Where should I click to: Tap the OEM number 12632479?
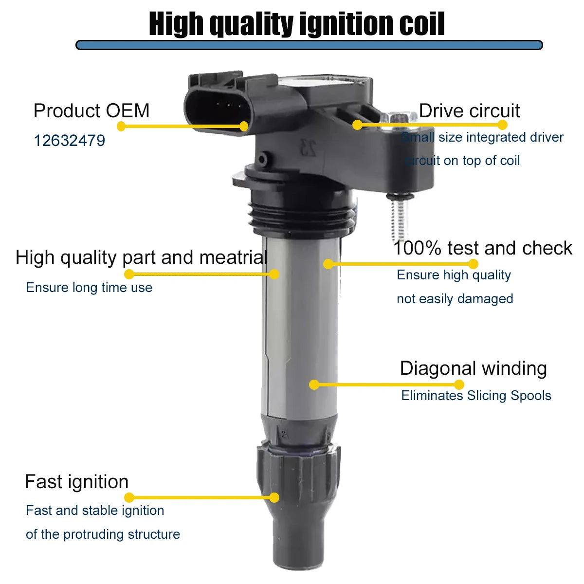(x=70, y=141)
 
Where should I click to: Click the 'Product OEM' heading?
(x=91, y=110)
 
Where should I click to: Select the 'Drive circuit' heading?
(x=469, y=110)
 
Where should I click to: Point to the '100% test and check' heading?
(x=482, y=248)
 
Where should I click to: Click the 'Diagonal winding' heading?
(x=473, y=368)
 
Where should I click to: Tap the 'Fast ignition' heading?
(x=77, y=482)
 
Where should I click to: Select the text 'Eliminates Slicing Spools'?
(x=476, y=396)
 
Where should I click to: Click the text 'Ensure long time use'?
(x=89, y=287)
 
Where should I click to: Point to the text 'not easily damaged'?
(x=455, y=298)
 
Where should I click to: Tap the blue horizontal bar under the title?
(x=309, y=45)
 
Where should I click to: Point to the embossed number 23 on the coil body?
(x=308, y=148)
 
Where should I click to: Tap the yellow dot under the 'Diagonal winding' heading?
(x=459, y=384)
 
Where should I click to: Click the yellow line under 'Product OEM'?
(x=182, y=126)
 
